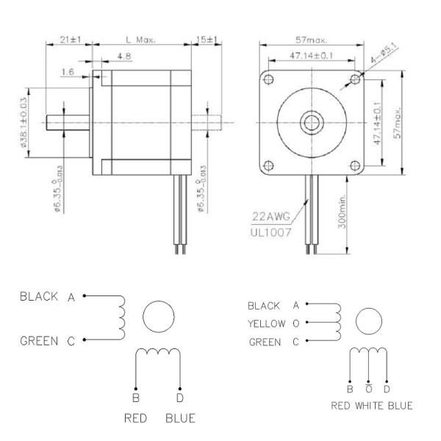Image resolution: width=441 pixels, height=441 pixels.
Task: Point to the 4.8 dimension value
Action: [x=124, y=56]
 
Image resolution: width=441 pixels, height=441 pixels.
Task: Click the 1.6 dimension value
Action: [x=68, y=71]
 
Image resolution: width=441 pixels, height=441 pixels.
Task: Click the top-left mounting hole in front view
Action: [x=269, y=79]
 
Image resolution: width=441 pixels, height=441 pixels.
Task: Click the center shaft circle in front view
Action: [x=311, y=121]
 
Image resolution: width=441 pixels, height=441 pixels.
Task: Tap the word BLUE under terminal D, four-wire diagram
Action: [x=180, y=418]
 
